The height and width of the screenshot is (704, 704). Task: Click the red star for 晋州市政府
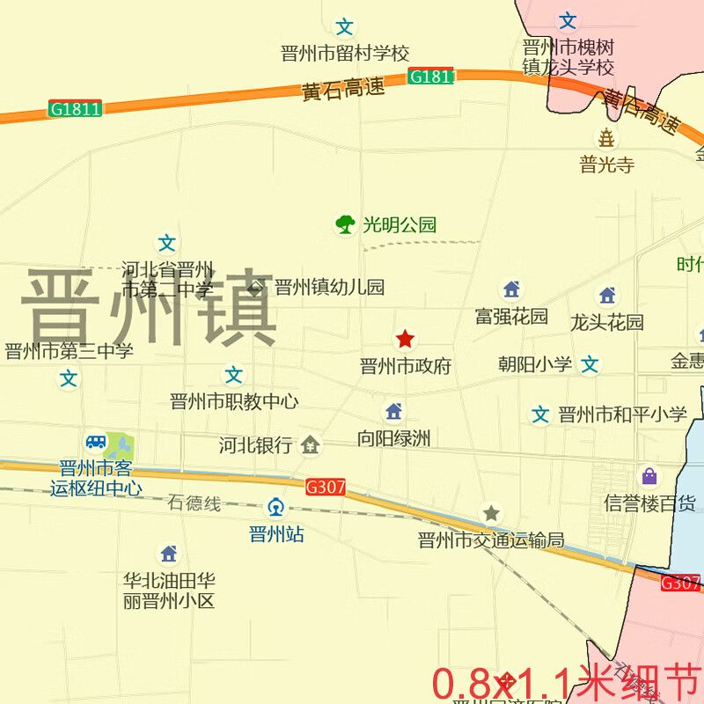[405, 339]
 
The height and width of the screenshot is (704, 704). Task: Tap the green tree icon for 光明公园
[345, 224]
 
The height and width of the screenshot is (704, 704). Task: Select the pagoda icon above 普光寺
[606, 137]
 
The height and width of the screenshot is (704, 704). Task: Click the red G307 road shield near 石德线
[326, 487]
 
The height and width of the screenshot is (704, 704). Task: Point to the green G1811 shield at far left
[75, 109]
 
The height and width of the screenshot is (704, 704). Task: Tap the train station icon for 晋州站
[276, 507]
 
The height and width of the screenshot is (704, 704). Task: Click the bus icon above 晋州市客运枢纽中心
[96, 442]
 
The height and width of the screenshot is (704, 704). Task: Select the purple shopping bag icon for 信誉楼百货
[649, 477]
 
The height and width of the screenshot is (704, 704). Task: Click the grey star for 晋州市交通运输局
[491, 513]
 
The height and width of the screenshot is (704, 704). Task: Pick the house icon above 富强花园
[511, 290]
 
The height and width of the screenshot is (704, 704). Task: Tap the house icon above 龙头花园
[607, 296]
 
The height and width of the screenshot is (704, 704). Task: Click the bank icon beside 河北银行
[310, 445]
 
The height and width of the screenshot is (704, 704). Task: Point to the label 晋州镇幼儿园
[329, 287]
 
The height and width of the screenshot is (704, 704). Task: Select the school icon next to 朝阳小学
[590, 363]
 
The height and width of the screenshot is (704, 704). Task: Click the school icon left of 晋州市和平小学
[540, 414]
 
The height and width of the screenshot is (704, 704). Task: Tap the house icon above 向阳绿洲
[393, 411]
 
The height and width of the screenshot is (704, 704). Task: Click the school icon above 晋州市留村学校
[345, 27]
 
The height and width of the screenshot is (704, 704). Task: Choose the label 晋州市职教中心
[233, 402]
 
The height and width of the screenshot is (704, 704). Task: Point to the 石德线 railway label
[194, 504]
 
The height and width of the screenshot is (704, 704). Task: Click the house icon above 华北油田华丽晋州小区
[169, 554]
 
